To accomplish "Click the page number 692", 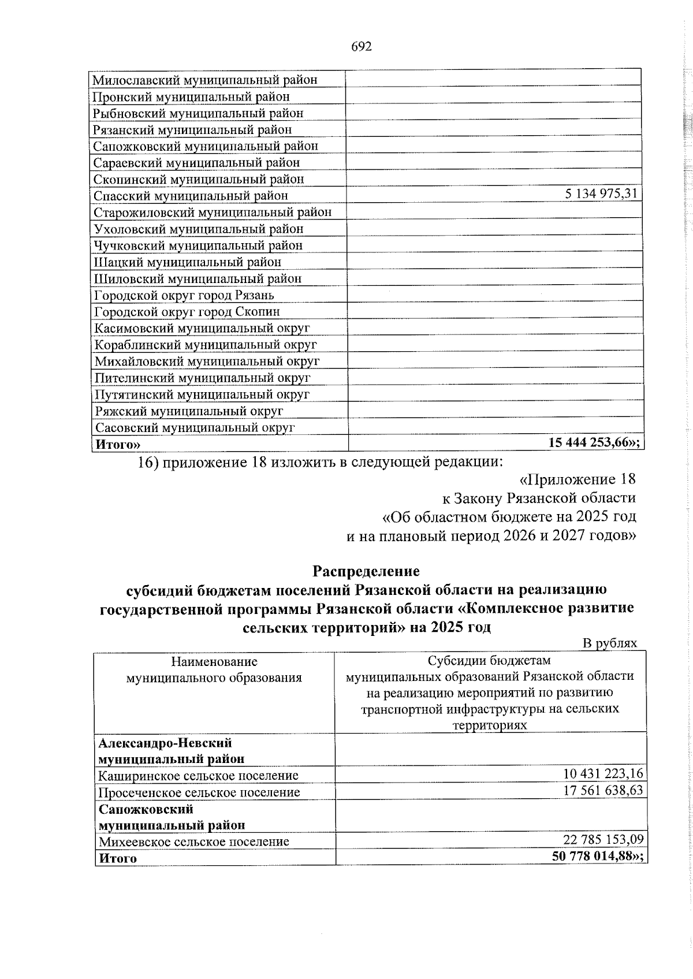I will click(361, 47).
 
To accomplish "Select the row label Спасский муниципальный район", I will click(191, 196).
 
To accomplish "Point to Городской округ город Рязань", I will click(184, 296).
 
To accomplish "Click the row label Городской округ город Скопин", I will click(187, 312).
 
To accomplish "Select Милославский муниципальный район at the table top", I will click(206, 80).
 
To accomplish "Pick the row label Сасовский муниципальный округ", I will click(195, 428).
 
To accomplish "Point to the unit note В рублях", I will click(610, 643).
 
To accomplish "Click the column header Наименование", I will click(214, 662).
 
